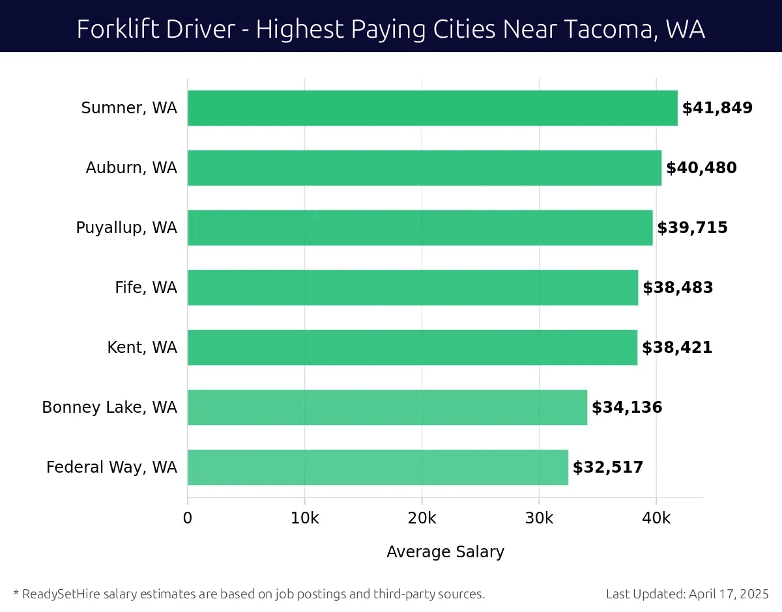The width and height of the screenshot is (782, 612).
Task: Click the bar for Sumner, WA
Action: (x=432, y=108)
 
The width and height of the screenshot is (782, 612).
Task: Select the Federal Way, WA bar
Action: (x=378, y=467)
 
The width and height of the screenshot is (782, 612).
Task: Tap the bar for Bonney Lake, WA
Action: (x=387, y=408)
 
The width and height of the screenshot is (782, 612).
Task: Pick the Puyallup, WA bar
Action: (x=420, y=228)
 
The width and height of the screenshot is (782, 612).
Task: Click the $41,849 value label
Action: (x=717, y=108)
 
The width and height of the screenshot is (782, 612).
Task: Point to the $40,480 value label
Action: (x=701, y=168)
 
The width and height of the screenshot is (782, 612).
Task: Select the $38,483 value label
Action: (x=678, y=288)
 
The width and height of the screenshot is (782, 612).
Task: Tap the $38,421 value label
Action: (x=677, y=348)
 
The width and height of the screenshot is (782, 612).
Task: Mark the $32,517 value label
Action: (x=608, y=467)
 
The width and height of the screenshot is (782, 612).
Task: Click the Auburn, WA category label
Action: (x=131, y=168)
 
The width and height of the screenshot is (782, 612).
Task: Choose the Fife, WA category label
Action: (x=146, y=288)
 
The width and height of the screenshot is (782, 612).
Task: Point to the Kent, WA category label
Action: (x=142, y=348)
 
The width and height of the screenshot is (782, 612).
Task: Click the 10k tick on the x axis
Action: (x=305, y=518)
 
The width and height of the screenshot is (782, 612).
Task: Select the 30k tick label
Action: (x=539, y=518)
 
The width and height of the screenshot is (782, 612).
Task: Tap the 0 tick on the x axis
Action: (x=188, y=518)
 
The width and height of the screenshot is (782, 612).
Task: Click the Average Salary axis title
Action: (x=445, y=552)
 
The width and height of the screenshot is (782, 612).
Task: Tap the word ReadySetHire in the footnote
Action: (x=60, y=594)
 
